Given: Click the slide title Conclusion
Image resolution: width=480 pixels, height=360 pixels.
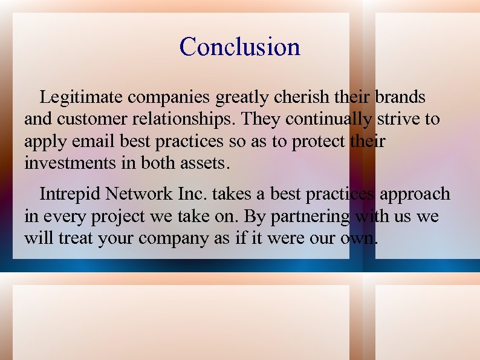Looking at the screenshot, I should click(239, 47).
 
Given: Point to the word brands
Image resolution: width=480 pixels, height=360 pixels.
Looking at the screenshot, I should click(400, 97).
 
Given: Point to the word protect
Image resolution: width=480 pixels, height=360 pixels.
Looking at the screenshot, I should click(319, 142).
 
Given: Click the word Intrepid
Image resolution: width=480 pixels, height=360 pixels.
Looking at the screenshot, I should click(70, 194).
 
